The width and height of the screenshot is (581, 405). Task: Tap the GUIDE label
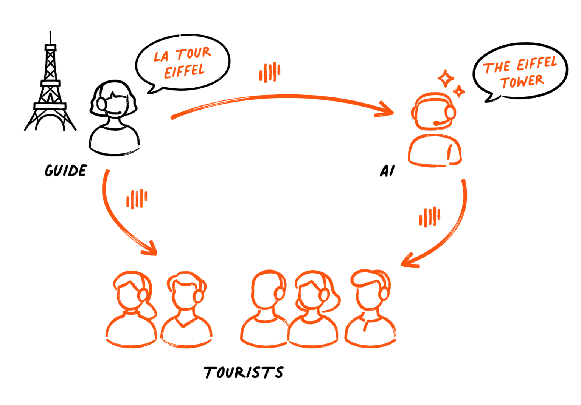pyautogui.click(x=66, y=171)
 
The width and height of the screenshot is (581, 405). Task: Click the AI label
pyautogui.click(x=387, y=171)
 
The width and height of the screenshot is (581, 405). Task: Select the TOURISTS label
pyautogui.click(x=243, y=373)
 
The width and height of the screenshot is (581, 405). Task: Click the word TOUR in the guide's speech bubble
pyautogui.click(x=194, y=53)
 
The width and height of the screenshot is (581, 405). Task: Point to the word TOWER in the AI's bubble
pyautogui.click(x=522, y=82)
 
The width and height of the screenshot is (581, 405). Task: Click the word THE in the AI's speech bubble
pyautogui.click(x=496, y=67)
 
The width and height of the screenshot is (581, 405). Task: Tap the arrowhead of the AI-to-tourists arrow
pyautogui.click(x=409, y=260)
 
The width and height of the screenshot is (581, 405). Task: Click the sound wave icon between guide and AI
pyautogui.click(x=270, y=73)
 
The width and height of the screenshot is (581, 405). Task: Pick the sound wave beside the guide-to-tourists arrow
pyautogui.click(x=137, y=199)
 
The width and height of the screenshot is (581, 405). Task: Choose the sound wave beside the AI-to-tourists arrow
pyautogui.click(x=430, y=217)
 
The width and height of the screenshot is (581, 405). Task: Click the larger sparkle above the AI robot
pyautogui.click(x=446, y=78)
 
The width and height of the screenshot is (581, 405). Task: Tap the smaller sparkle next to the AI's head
pyautogui.click(x=459, y=91)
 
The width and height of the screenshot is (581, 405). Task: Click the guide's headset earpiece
pyautogui.click(x=101, y=104)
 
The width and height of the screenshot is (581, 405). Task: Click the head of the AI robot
pyautogui.click(x=434, y=111)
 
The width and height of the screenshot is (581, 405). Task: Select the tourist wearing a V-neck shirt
pyautogui.click(x=186, y=309)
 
